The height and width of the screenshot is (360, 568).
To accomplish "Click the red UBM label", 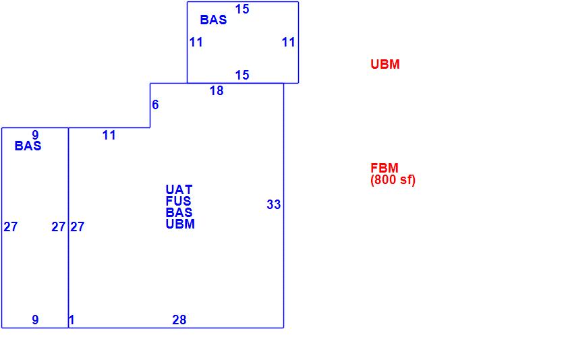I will coord(385,65).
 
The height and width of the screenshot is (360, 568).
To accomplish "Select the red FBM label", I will coord(385,169).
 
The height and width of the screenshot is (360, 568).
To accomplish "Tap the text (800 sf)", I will coord(393,180).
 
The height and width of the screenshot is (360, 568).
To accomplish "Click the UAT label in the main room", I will coord(179,190).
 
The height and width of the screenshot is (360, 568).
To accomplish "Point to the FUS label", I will coord(179,201).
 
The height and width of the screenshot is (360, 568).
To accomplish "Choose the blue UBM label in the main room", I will coord(180,224).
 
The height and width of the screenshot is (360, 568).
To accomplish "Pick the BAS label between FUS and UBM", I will coord(179,212).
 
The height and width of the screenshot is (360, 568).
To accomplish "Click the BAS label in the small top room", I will coord(213,20).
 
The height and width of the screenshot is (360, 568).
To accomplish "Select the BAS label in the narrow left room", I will coord(28,146).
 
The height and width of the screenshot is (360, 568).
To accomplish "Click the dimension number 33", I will coord(273,205).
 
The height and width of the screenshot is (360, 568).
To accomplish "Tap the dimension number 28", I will coord(179,320).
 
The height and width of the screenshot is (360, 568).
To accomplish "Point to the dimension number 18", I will coord(216,90).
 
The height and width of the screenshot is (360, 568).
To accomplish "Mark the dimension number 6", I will coord(155,104).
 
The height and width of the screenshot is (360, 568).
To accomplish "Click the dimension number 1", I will coord(72,320).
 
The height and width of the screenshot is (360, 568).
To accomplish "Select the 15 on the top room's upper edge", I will coord(242,9).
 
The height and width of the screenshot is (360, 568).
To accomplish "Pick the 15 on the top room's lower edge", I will coord(242,75).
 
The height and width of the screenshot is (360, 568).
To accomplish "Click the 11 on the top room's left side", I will coord(196,42).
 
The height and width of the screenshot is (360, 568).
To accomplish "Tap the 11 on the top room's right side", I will coord(289,42).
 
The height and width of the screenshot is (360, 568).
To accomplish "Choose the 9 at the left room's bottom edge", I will coord(36,320).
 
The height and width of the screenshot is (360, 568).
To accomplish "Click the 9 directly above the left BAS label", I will coord(35,136).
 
